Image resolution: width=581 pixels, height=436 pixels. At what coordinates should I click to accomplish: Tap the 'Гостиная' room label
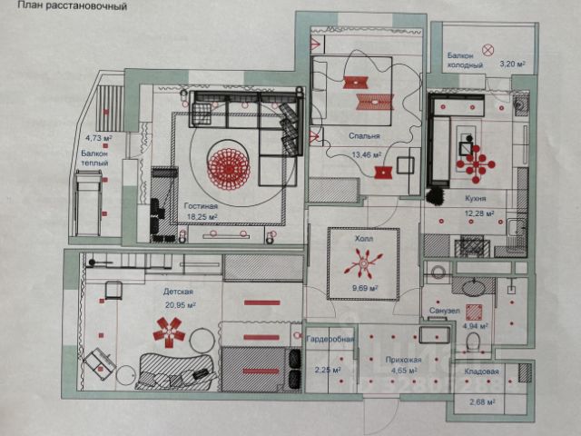199,206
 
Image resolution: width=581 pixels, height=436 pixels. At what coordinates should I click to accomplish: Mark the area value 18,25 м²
201,218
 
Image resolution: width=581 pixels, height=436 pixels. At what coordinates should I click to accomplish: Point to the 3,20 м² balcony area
514,64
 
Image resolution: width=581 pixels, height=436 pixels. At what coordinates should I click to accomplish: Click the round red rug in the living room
228,165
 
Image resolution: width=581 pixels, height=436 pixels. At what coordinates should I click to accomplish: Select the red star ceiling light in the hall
361,267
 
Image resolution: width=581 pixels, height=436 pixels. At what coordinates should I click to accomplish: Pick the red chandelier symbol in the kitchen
475,163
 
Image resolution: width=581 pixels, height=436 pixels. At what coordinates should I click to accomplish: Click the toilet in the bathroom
471,342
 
